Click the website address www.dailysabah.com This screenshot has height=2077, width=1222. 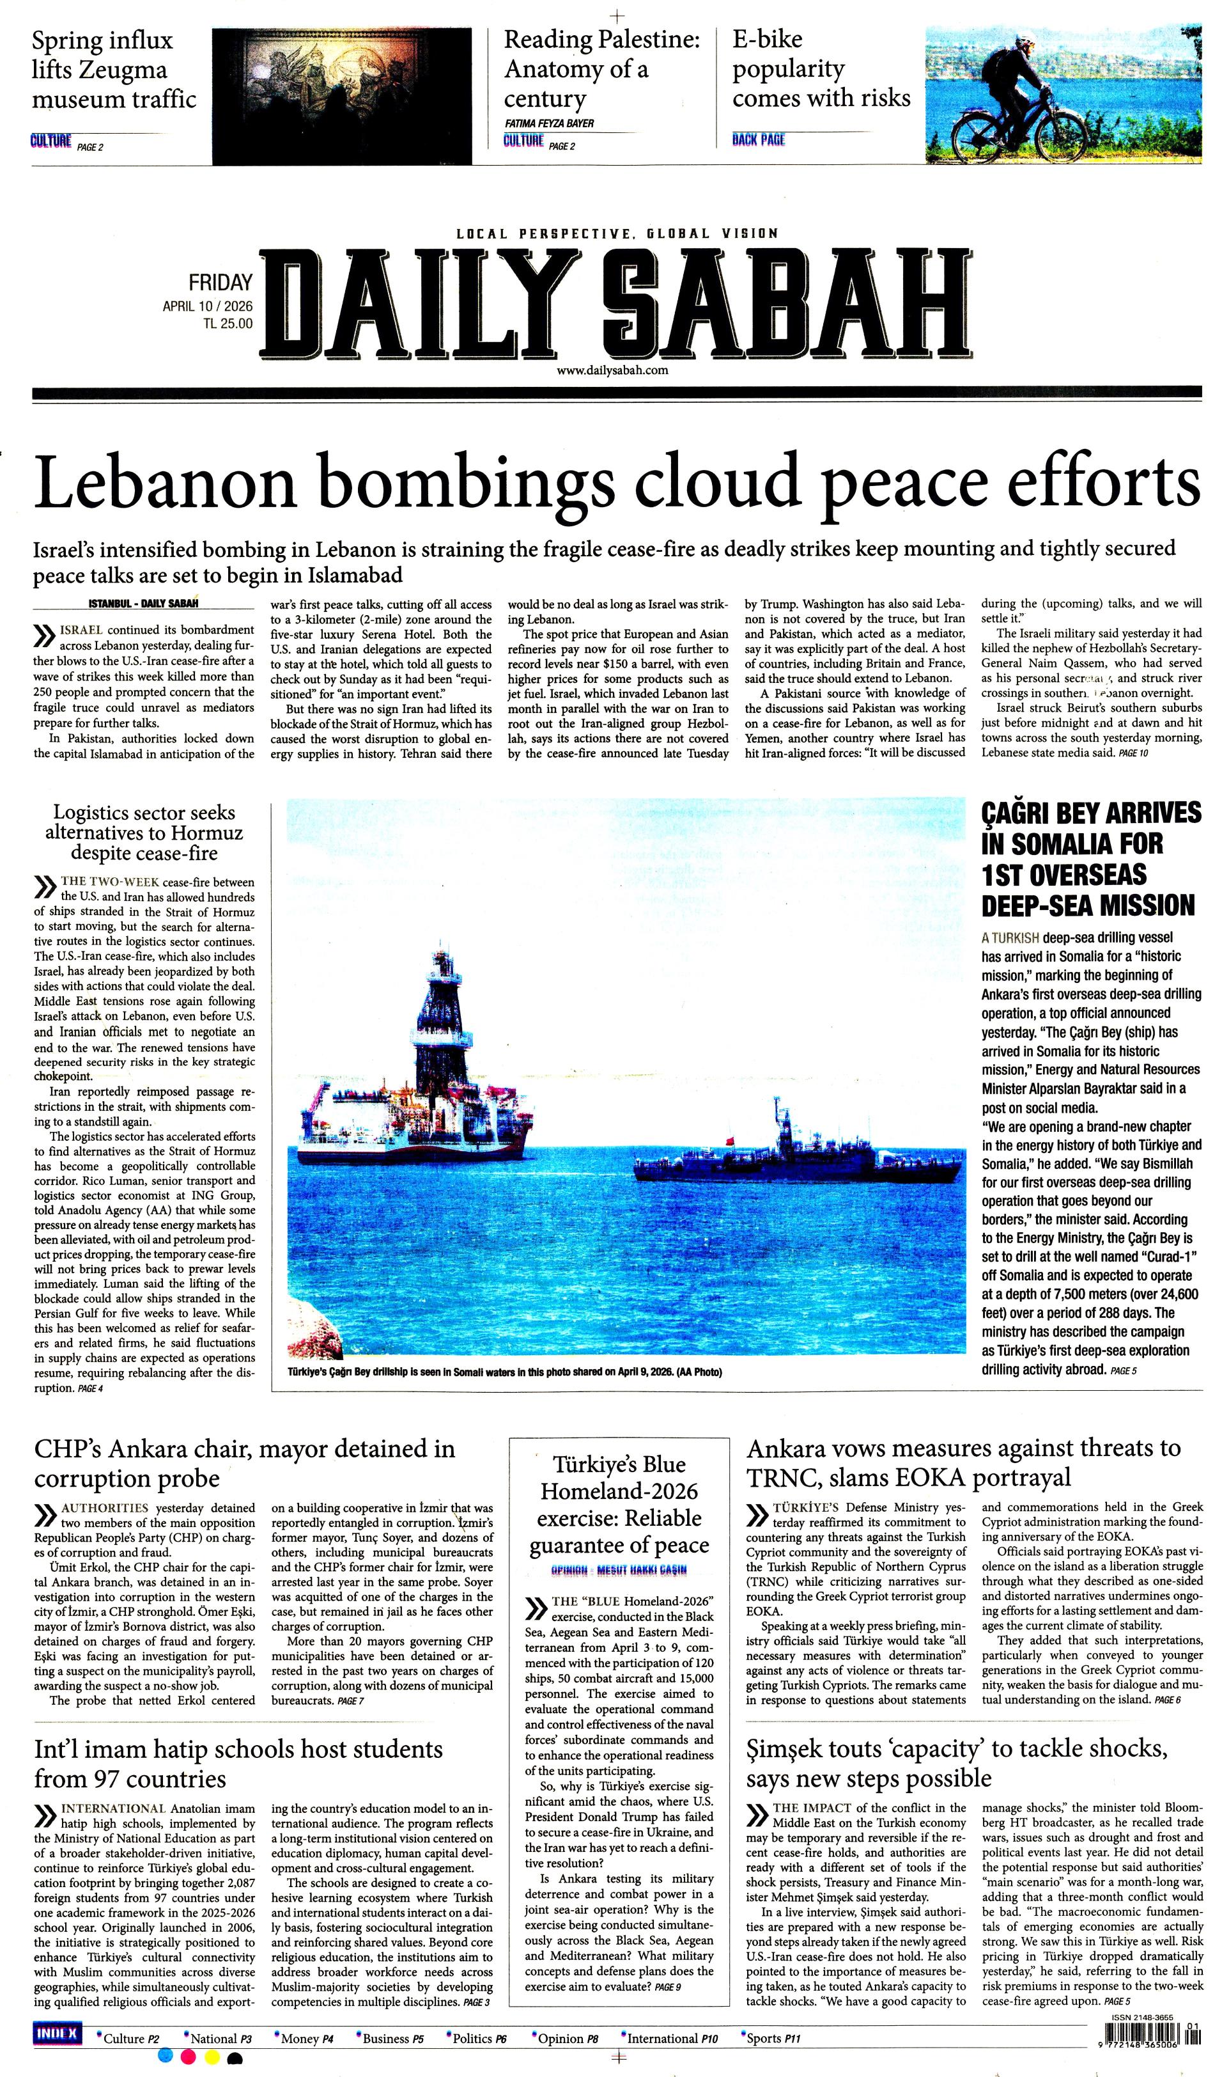[612, 371]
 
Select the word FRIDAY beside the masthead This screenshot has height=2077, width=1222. [220, 283]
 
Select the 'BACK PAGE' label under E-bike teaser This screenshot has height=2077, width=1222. [758, 140]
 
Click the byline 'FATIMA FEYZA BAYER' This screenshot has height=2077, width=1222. [549, 123]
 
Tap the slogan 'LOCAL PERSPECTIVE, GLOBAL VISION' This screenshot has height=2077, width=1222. [616, 234]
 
